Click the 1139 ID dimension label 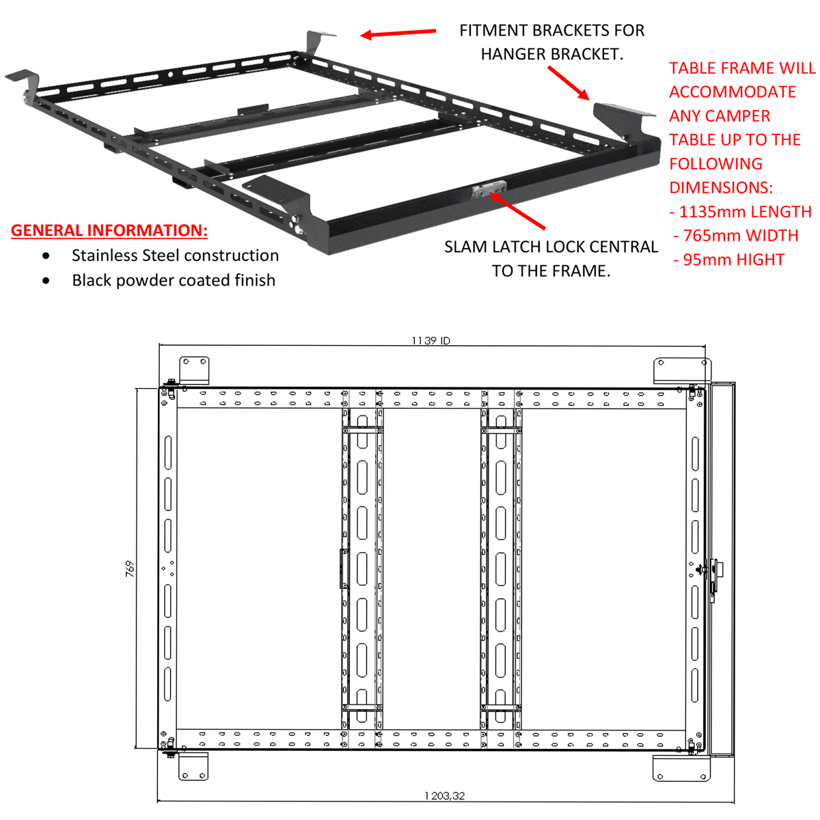(x=430, y=340)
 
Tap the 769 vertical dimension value (x=130, y=569)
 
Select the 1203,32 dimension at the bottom (x=444, y=795)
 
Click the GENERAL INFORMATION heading (x=109, y=230)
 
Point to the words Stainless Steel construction (x=175, y=256)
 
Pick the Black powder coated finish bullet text (x=174, y=280)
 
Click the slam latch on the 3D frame (x=488, y=192)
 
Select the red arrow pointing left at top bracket (x=398, y=33)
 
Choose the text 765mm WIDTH (x=737, y=236)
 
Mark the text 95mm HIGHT (x=730, y=260)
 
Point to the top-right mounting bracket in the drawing (x=681, y=370)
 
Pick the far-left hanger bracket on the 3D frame (x=23, y=77)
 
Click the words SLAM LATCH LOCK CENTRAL (x=551, y=247)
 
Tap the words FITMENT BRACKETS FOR (x=551, y=31)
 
